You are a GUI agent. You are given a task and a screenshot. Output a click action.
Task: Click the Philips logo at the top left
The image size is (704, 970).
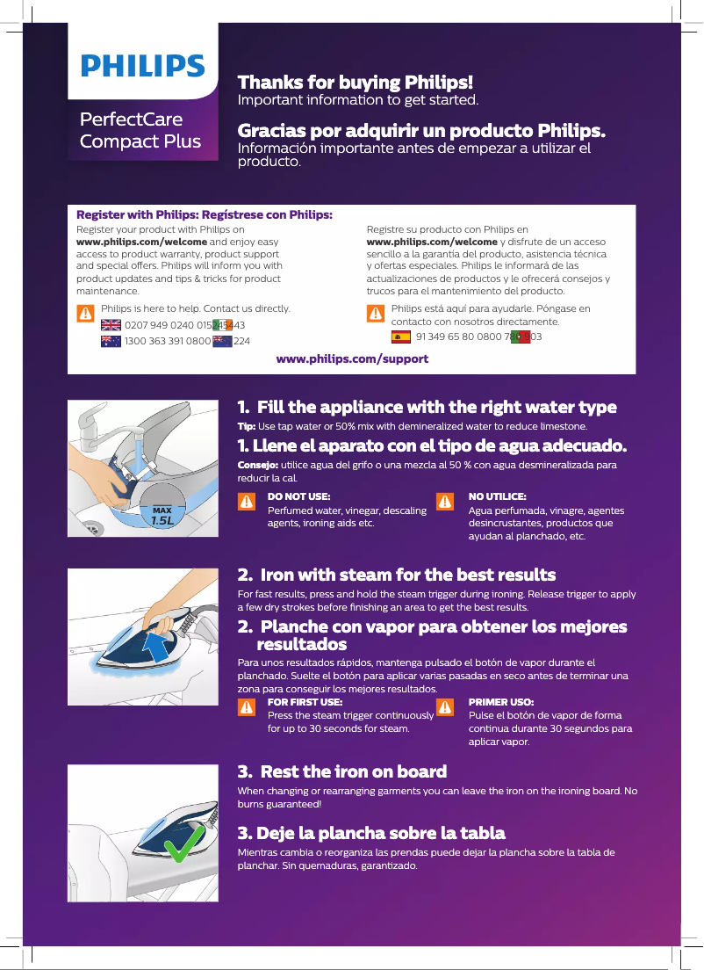[143, 67]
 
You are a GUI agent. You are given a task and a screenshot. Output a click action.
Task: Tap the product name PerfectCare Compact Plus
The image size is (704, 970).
[140, 130]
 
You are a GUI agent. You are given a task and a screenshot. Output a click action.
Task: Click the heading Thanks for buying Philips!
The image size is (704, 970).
[356, 83]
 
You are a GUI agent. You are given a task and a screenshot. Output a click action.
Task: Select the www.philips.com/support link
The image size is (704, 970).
[352, 358]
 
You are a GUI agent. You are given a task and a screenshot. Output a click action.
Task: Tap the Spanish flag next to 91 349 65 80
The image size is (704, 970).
[400, 337]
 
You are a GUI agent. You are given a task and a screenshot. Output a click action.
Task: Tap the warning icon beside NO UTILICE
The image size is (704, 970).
[445, 502]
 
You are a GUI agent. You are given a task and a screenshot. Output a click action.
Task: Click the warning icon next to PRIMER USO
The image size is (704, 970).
[445, 707]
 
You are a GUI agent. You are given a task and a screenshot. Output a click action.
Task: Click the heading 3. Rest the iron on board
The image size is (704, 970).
[342, 771]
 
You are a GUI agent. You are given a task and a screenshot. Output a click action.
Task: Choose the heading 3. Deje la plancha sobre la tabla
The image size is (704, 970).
[371, 832]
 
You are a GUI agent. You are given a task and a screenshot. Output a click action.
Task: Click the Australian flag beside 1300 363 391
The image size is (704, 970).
[111, 341]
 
